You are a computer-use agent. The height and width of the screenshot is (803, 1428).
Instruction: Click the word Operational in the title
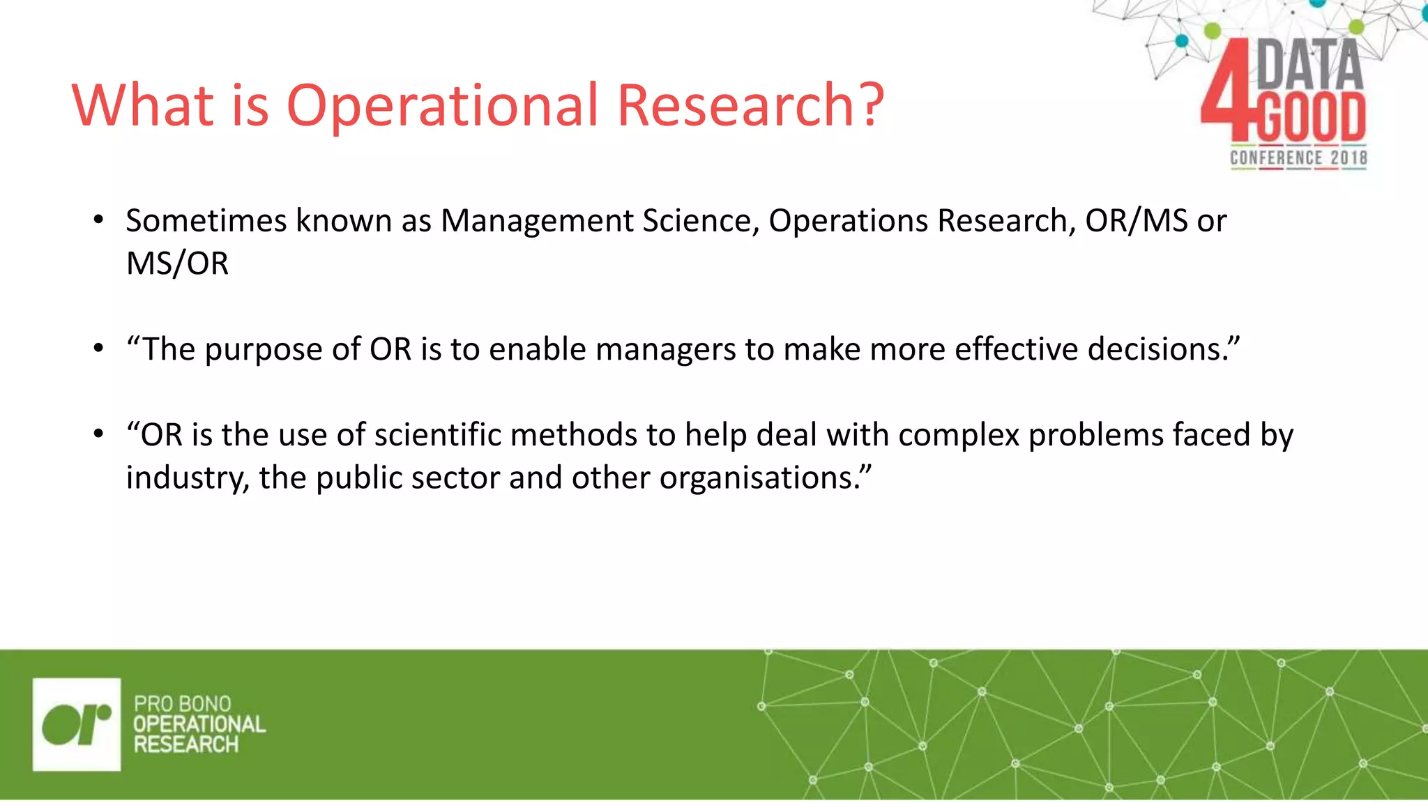[442, 106]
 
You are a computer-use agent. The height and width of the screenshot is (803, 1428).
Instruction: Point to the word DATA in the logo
[1309, 65]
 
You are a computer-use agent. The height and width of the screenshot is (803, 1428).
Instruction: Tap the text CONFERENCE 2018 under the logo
[1298, 158]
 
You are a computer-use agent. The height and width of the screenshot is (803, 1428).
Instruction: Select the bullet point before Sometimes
[99, 221]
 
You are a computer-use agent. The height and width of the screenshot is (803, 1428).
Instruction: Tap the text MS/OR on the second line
[177, 264]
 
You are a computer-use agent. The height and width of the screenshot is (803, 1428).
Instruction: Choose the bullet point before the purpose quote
[99, 349]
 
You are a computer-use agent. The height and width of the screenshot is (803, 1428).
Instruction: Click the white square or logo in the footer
[77, 724]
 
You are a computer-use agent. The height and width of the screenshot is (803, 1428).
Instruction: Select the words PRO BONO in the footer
[182, 703]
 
